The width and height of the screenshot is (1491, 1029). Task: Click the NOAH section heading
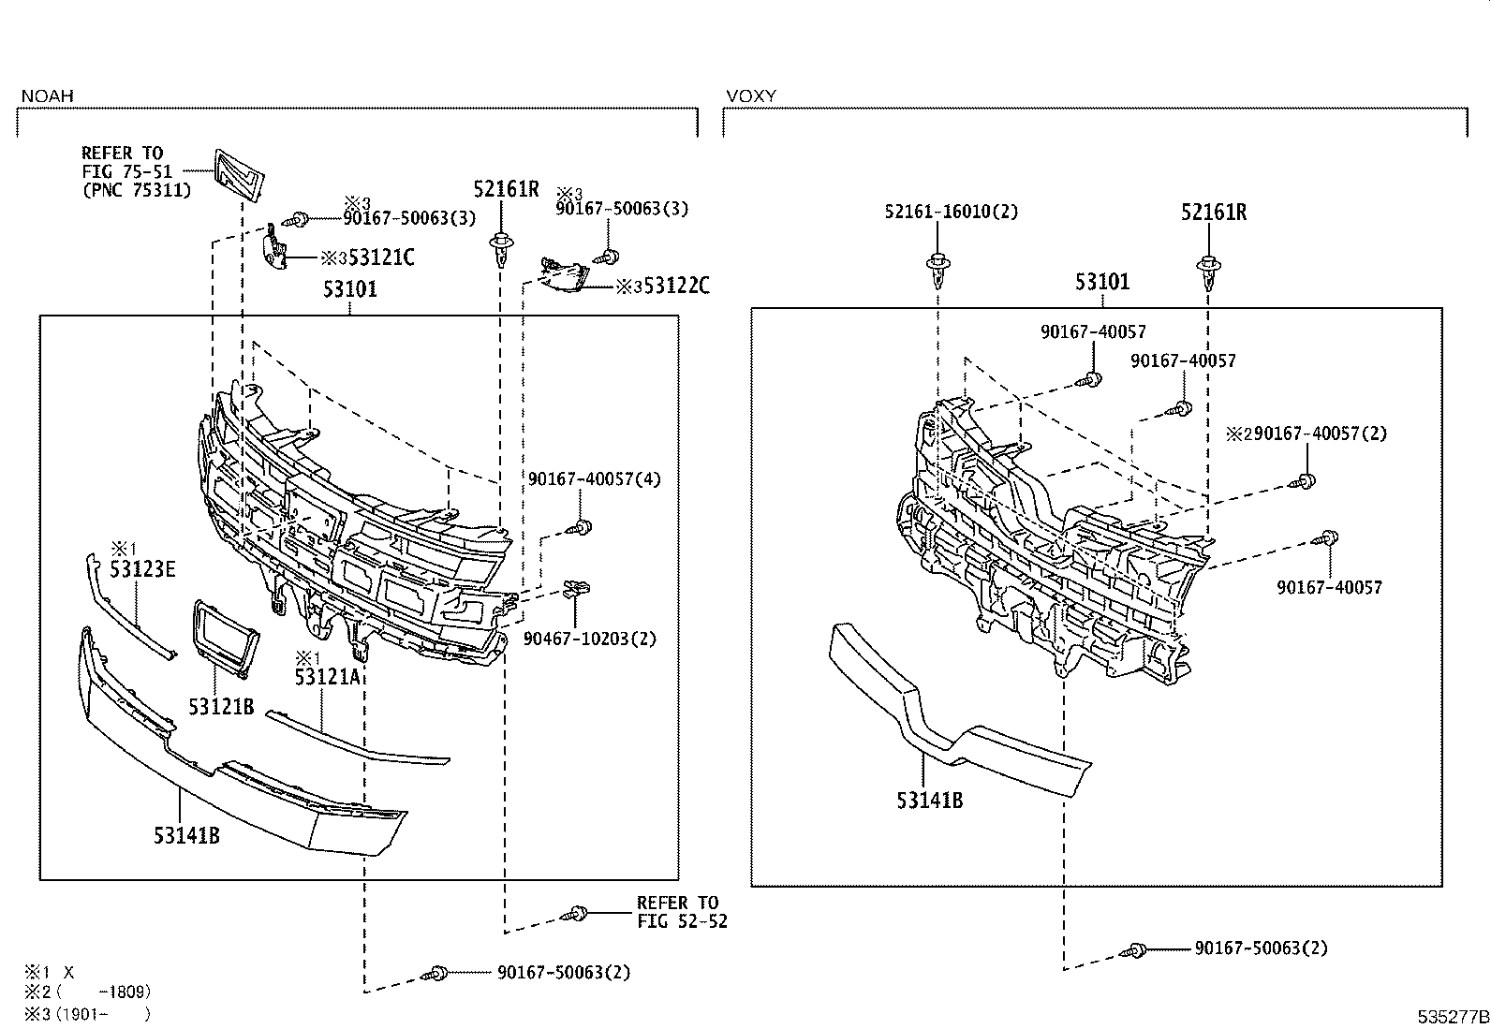click(x=47, y=96)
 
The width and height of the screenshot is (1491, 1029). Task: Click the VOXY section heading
click(x=751, y=96)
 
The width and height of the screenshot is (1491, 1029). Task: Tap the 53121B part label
click(x=221, y=707)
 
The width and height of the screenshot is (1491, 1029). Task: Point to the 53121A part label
click(x=327, y=676)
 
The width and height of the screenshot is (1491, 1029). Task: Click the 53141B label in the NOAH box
click(x=186, y=834)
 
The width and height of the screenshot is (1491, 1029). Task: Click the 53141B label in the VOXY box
click(x=929, y=800)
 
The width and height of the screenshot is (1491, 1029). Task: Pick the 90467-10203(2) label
click(x=590, y=639)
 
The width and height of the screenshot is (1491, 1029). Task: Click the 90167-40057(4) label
click(x=594, y=478)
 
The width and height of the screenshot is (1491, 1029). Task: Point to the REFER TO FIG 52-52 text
click(x=681, y=912)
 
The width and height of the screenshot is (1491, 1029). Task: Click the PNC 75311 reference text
click(x=137, y=190)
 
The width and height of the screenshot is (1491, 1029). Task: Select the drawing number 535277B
click(x=1452, y=1015)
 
